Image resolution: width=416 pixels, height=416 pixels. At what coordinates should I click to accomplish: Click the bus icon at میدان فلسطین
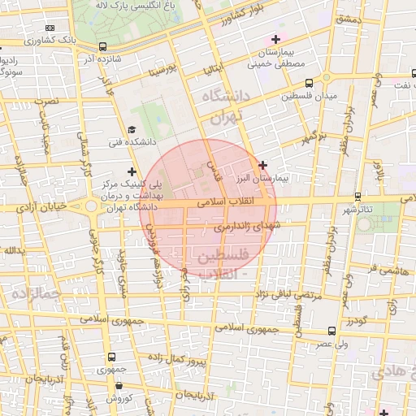[310, 82]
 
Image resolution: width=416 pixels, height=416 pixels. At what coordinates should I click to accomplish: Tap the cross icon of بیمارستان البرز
[262, 164]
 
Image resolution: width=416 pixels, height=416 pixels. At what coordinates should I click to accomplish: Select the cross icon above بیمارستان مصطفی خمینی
[276, 38]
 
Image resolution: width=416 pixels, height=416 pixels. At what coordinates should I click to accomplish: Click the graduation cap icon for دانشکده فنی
[132, 129]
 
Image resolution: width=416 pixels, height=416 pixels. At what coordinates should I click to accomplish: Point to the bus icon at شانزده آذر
[102, 47]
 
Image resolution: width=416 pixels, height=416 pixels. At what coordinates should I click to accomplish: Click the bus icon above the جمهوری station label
[111, 356]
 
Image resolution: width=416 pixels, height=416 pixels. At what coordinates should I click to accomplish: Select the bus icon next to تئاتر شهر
[358, 196]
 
